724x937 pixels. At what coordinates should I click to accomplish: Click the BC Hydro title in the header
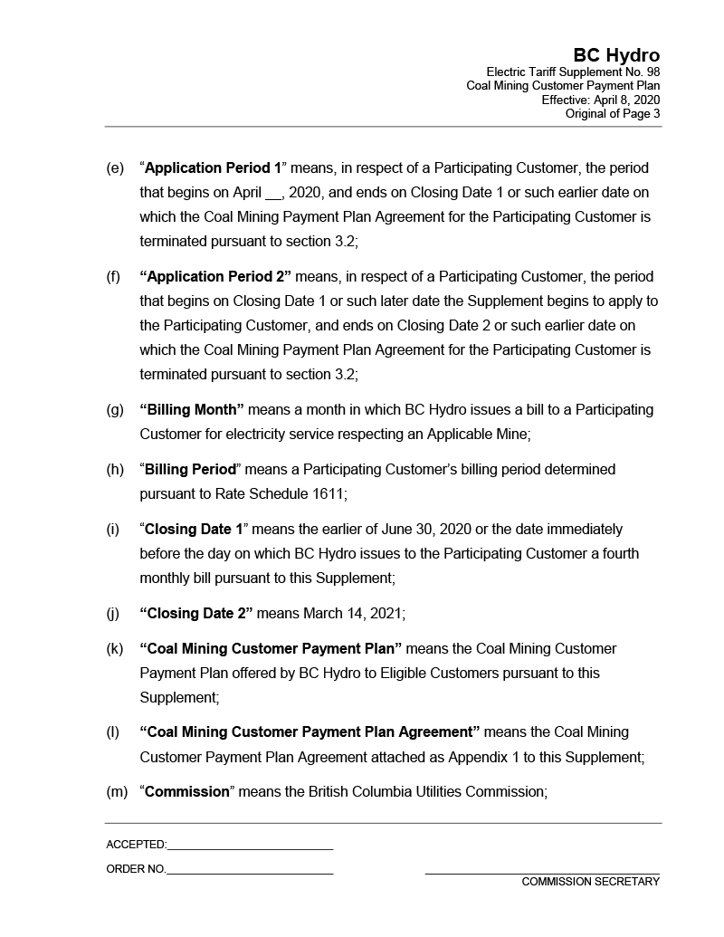[x=615, y=56]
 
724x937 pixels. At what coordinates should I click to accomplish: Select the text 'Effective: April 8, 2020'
[x=600, y=100]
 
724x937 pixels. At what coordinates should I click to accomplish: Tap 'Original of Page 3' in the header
[x=612, y=113]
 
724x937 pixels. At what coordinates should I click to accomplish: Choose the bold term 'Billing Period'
[x=190, y=470]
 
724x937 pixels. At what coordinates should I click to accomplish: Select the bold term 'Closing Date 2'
[x=196, y=614]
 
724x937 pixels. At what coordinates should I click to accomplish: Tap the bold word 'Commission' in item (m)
[x=187, y=792]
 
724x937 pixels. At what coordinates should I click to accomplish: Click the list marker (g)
[x=115, y=410]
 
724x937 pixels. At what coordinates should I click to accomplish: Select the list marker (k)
[x=115, y=649]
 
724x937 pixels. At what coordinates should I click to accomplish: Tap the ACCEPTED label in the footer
[x=136, y=845]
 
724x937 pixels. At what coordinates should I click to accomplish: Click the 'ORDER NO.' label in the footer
[x=136, y=869]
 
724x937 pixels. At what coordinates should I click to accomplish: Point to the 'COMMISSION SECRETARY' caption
[x=590, y=882]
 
